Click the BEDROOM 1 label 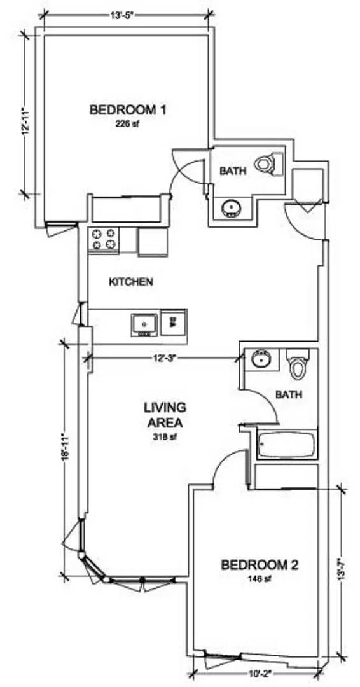pos(127,109)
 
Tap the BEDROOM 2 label pos(260,565)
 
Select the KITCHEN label pos(131,282)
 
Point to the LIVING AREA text pos(165,415)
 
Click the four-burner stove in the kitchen pos(104,239)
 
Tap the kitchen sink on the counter pos(144,324)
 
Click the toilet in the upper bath pos(268,164)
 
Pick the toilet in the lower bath pos(298,364)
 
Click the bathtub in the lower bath pos(287,445)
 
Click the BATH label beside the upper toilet pos(233,171)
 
